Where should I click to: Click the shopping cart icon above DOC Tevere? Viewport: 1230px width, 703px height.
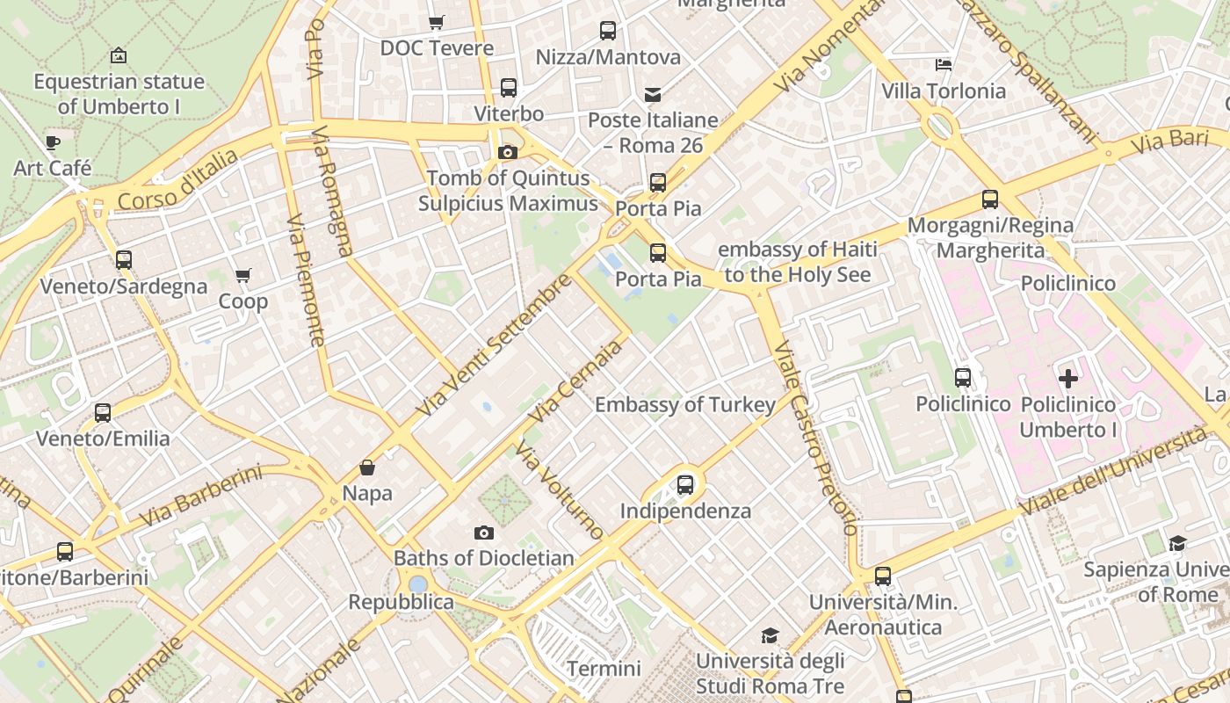(436, 22)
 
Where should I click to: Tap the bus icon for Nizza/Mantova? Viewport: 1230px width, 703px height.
(608, 31)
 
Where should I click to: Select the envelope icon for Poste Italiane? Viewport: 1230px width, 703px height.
(653, 94)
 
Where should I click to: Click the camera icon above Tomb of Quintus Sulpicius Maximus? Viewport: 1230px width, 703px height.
(507, 153)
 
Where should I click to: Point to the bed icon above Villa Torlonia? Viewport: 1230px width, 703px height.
(944, 65)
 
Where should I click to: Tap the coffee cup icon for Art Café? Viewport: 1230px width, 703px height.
(53, 142)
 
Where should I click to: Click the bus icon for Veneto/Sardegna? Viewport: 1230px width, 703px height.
(124, 260)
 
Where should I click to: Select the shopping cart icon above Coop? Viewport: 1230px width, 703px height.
(243, 276)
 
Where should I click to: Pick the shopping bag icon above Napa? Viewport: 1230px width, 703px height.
(367, 467)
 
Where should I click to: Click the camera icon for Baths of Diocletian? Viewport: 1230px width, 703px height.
(483, 533)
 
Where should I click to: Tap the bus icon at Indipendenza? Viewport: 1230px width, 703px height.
(685, 485)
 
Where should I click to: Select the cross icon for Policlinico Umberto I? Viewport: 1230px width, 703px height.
(1067, 379)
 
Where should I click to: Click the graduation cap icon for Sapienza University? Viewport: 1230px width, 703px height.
(1177, 543)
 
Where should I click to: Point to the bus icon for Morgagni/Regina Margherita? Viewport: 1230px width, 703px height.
(990, 199)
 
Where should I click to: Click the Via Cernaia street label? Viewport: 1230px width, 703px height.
(576, 380)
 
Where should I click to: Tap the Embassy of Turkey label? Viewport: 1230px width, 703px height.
(684, 405)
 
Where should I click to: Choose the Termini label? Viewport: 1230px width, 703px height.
(604, 669)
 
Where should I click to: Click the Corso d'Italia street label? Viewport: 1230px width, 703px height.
(177, 180)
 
